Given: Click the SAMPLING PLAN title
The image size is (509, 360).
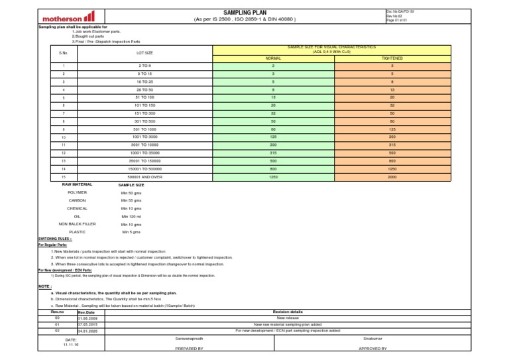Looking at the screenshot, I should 245,12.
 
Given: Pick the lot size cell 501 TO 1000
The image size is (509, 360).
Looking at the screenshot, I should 144,129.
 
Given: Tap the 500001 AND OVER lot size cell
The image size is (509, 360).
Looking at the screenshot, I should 144,176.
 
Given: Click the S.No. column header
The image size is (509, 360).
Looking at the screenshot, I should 64,52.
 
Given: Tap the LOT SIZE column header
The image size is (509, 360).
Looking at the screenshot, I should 144,52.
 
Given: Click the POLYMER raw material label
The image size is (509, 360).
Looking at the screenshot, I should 78,192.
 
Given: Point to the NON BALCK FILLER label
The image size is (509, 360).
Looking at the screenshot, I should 78,224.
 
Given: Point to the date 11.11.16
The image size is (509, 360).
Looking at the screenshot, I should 71,345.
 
